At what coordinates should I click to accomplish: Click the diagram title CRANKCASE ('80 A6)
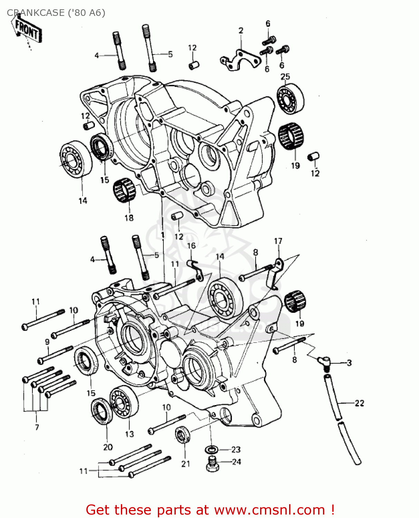pos(56,13)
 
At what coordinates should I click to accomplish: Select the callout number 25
pos(285,77)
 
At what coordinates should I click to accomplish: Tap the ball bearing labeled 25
pos(291,98)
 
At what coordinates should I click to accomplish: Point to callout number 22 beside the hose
pos(359,403)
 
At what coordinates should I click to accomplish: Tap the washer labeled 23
pos(211,450)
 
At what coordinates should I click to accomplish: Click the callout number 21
pos(185,464)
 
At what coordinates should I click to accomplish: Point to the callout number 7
pos(37,427)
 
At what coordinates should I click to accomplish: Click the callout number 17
pos(278,241)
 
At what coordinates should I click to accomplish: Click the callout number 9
pos(47,342)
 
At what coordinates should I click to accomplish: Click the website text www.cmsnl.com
pos(269,510)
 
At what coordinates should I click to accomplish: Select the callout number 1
pos(162,235)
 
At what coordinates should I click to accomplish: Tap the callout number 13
pos(129,434)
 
